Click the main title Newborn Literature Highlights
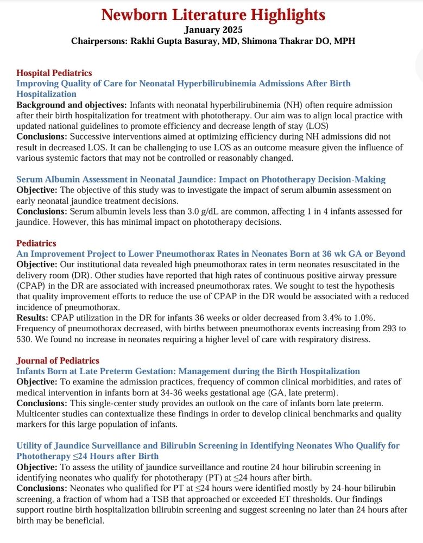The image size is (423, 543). [x=213, y=14]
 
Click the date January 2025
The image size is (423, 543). [x=213, y=30]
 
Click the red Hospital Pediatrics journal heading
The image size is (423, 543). [x=54, y=73]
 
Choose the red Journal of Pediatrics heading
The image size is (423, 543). [x=58, y=361]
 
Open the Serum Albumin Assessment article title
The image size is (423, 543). [x=200, y=179]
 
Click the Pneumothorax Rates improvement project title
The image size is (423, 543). [x=211, y=254]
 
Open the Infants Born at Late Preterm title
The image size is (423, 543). [x=188, y=371]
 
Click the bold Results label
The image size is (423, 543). [x=33, y=317]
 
